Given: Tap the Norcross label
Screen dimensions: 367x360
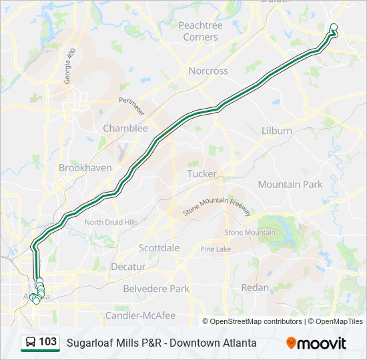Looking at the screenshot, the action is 208,71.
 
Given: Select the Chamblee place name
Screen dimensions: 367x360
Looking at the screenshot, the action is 125,128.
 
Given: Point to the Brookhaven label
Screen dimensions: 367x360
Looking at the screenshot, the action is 85,168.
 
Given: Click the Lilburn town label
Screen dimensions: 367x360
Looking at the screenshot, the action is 277,131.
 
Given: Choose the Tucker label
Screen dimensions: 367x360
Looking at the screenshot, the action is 202,173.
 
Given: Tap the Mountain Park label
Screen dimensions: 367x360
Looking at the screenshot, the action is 290,184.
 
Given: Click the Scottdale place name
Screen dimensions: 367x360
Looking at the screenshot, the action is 159,247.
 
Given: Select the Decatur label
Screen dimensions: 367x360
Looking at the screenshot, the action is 127,267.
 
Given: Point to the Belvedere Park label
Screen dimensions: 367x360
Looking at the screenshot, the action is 156,289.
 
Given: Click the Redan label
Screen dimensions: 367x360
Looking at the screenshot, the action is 255,287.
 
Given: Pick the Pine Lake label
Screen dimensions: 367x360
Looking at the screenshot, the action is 216,249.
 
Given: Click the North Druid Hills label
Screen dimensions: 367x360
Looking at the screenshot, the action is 111,222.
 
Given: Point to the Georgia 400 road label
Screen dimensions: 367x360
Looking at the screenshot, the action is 68,66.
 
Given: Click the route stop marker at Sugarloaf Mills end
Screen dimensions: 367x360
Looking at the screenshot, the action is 334,27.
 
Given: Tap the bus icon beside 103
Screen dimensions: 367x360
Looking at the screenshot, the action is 31,343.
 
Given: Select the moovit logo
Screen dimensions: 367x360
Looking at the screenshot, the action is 316,343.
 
